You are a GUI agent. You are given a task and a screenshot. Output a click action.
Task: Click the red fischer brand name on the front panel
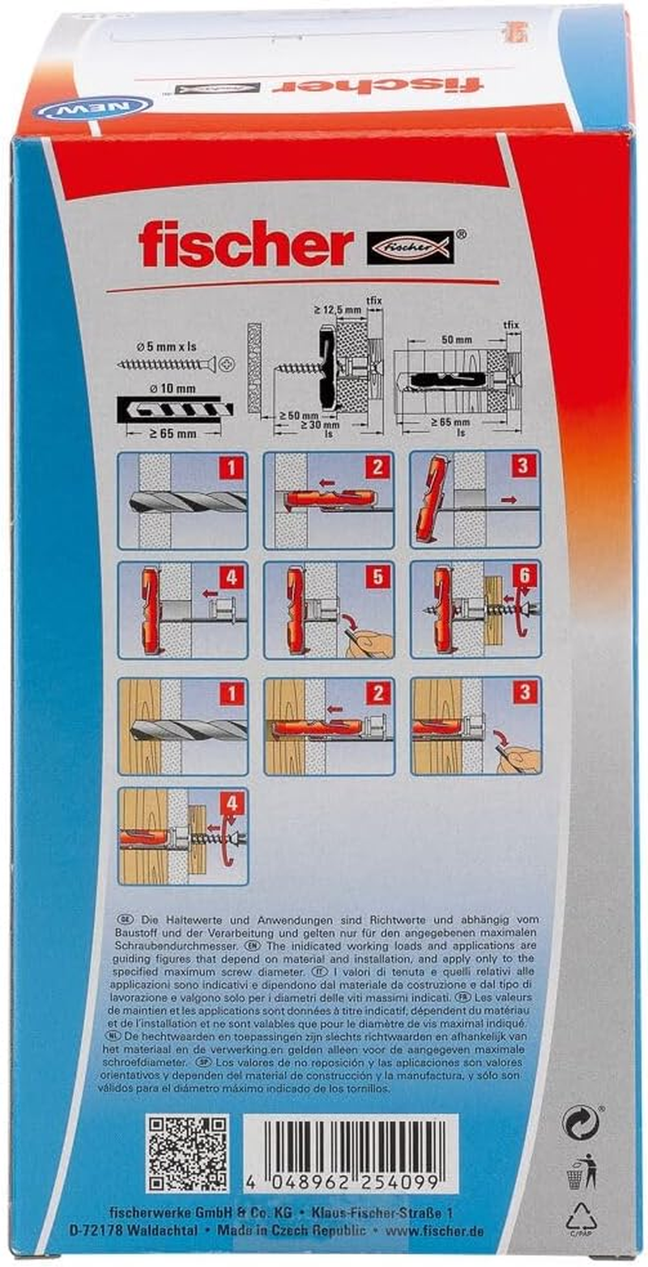(245, 244)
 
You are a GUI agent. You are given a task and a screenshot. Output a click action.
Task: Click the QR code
(188, 1152)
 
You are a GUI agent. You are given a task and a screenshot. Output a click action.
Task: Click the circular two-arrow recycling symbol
(581, 1124)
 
